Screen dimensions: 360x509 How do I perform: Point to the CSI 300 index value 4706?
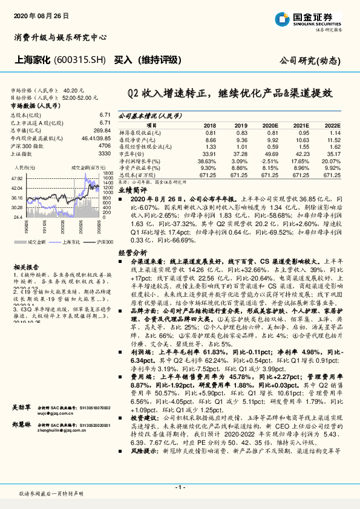click(x=104, y=146)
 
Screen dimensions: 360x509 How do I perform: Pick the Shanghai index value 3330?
click(x=104, y=154)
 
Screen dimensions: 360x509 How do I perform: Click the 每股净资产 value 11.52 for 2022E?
click(x=333, y=139)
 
